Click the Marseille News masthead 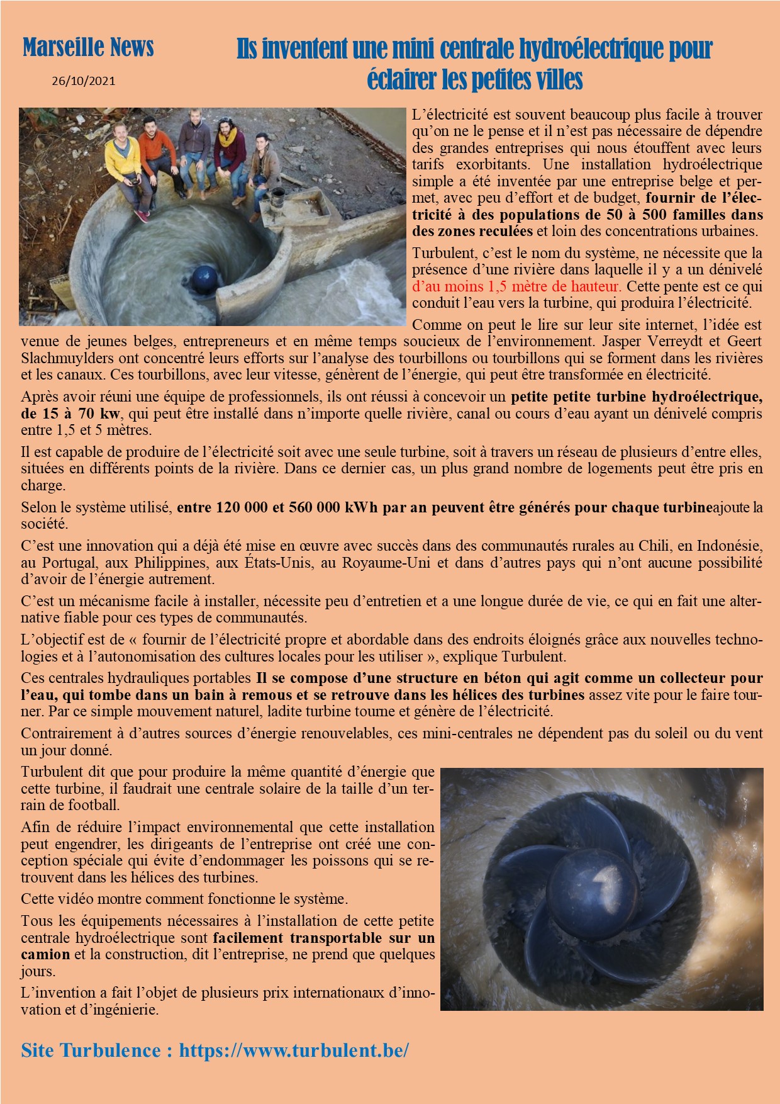[x=88, y=48]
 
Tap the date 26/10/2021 [x=84, y=81]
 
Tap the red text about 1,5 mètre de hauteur [x=516, y=286]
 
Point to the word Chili [x=655, y=546]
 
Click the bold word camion [x=45, y=954]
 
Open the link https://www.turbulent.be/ [x=294, y=1050]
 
